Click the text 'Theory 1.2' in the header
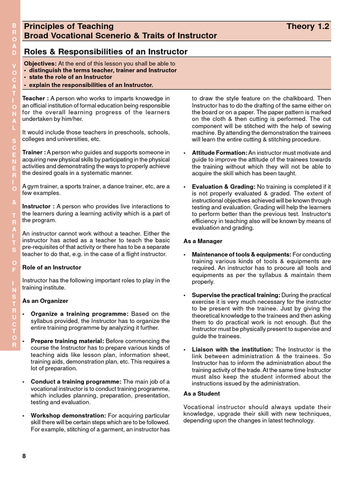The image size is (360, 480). (x=307, y=27)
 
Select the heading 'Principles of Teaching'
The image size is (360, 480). (x=68, y=27)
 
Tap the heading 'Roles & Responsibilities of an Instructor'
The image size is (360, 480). (x=105, y=52)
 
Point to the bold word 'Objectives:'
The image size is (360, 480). (x=40, y=64)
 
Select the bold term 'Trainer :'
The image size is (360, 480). (x=34, y=152)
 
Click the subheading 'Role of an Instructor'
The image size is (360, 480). (x=52, y=267)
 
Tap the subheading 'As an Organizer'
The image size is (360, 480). (x=45, y=301)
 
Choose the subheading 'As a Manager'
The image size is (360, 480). (x=203, y=241)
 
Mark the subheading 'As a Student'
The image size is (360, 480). (x=202, y=394)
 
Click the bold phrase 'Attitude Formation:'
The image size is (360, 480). (x=219, y=153)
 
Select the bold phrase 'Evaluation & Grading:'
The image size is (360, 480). (x=223, y=187)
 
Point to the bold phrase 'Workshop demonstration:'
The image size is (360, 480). (x=68, y=416)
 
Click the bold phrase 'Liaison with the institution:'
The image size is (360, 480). (x=232, y=350)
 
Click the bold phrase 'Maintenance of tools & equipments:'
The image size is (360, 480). (x=241, y=255)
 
